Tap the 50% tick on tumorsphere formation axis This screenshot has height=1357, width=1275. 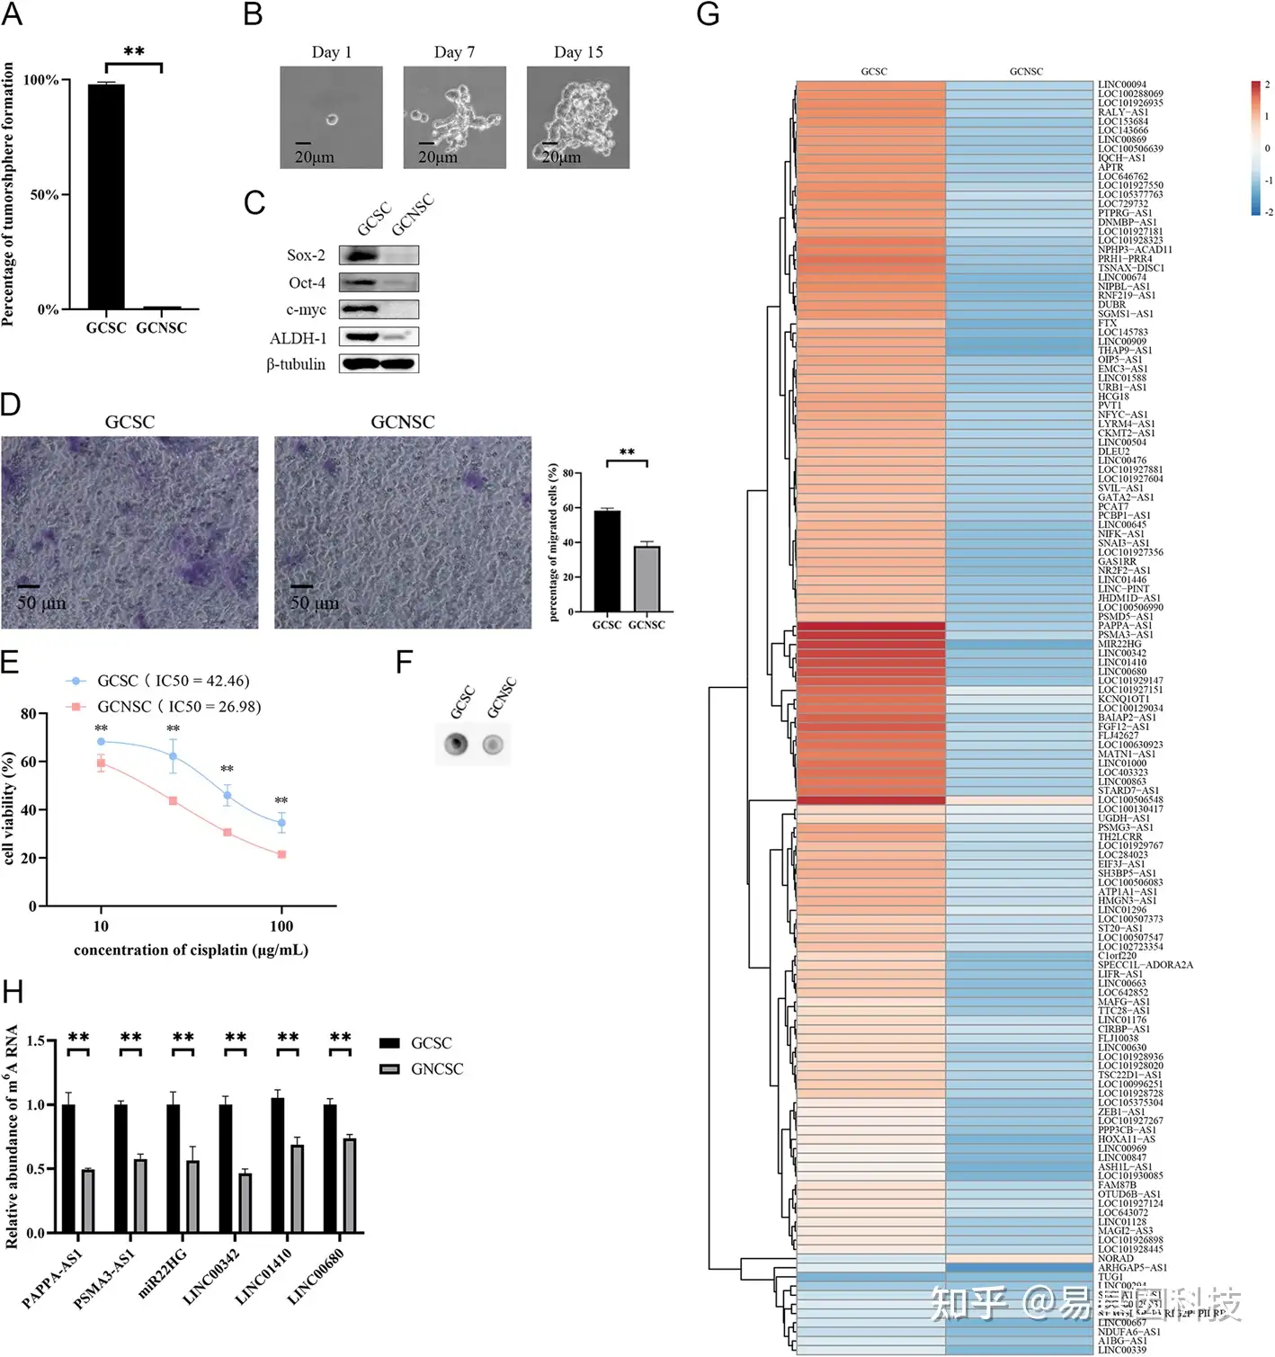pyautogui.click(x=45, y=194)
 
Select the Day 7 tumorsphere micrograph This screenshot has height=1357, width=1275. pyautogui.click(x=454, y=117)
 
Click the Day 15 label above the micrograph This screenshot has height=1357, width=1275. pyautogui.click(x=578, y=52)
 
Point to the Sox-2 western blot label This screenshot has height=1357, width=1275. pyautogui.click(x=306, y=255)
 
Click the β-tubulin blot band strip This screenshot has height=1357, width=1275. pyautogui.click(x=379, y=363)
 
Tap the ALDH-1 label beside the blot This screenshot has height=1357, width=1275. pyautogui.click(x=298, y=338)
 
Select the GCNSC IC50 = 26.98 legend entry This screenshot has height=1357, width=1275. pyautogui.click(x=178, y=707)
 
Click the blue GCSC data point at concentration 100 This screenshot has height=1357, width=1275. pyautogui.click(x=281, y=823)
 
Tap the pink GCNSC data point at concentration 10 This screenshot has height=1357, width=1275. pyautogui.click(x=101, y=763)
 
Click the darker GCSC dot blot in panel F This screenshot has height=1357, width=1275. pyautogui.click(x=457, y=744)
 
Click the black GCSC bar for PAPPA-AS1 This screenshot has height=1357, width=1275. pyautogui.click(x=68, y=1168)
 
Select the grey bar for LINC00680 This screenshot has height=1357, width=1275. pyautogui.click(x=349, y=1185)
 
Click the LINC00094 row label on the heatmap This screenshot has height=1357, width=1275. pyautogui.click(x=1121, y=85)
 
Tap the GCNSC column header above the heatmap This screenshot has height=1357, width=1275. pyautogui.click(x=1026, y=71)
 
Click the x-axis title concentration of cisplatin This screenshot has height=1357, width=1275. pyautogui.click(x=191, y=951)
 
